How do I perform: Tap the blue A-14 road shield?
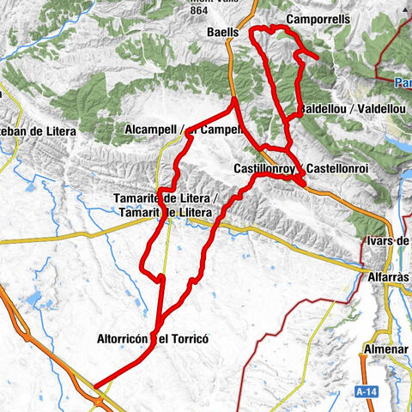pyautogui.click(x=367, y=391)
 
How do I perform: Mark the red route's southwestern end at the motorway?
pyautogui.click(x=94, y=387)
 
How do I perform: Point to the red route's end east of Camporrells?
pyautogui.click(x=318, y=58)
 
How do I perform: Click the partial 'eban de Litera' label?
pyautogui.click(x=38, y=131)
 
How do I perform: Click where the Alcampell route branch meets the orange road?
pyautogui.click(x=235, y=101)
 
